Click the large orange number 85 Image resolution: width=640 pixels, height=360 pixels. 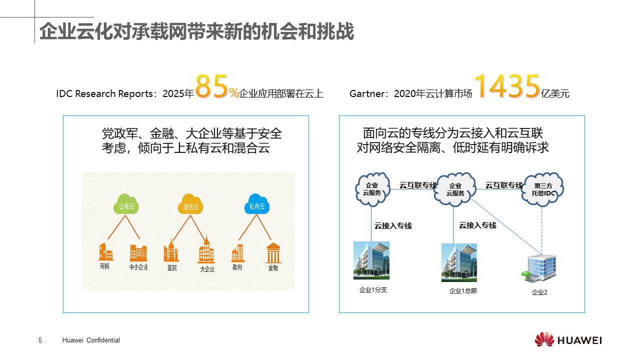[211, 86]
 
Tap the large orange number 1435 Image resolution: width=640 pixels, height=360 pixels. [507, 86]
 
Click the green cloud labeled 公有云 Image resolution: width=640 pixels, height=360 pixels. [126, 204]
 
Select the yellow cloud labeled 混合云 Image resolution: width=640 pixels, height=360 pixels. [190, 204]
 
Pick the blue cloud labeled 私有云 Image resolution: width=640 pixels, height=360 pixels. [257, 204]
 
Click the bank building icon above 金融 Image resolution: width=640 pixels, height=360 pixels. [273, 253]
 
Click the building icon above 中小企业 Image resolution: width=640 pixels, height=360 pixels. [138, 253]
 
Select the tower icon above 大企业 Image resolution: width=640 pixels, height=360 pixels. [206, 250]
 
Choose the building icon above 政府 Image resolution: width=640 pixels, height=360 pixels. [237, 253]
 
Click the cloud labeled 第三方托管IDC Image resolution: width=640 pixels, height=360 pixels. [542, 189]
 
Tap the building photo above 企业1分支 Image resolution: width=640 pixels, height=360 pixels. [371, 260]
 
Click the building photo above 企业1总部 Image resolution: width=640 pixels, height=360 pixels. [459, 262]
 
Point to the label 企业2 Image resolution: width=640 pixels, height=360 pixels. [539, 292]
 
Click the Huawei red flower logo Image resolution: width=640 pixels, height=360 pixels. [544, 339]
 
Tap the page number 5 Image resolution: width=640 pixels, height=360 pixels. [40, 340]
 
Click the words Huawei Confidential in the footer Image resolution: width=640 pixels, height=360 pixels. [91, 340]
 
